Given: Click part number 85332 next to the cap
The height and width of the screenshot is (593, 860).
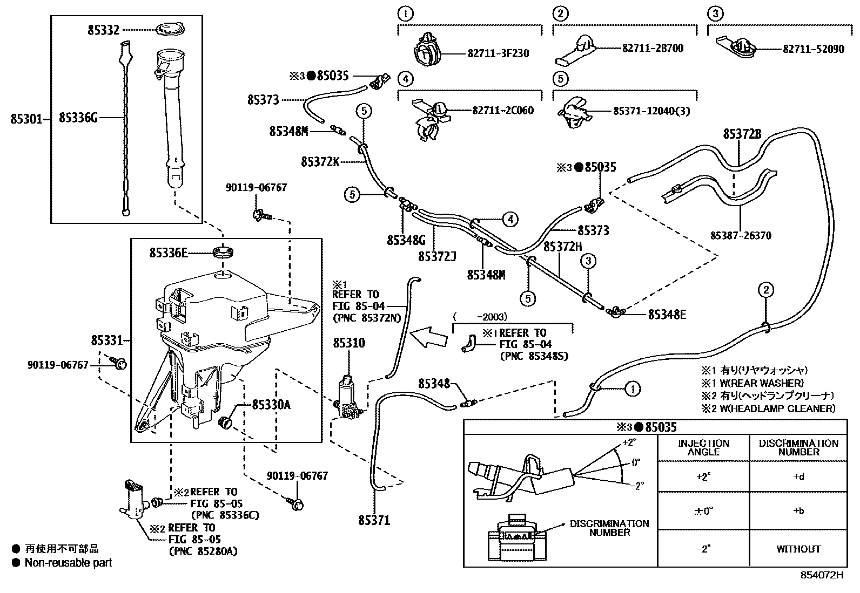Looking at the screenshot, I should click(x=103, y=30).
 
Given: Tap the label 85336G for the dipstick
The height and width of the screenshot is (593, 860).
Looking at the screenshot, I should click(x=78, y=117).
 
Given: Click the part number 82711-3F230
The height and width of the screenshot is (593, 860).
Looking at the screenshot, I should click(x=498, y=53).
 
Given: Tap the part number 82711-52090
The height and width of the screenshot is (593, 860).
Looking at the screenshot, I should click(x=813, y=49).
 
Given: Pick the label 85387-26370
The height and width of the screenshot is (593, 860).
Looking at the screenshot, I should click(x=741, y=235).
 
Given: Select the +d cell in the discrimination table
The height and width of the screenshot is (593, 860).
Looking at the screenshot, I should click(x=798, y=476).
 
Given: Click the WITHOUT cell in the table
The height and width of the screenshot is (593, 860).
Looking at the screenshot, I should click(x=798, y=549).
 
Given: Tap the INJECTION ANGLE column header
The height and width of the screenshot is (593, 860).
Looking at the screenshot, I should click(x=703, y=447).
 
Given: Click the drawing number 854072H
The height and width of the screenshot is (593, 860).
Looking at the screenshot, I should click(x=821, y=575).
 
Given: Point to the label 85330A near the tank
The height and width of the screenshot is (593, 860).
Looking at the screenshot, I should click(x=271, y=405).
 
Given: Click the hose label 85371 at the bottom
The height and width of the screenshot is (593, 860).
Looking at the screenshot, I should click(x=374, y=520).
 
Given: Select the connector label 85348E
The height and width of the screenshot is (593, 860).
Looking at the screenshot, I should click(x=667, y=314).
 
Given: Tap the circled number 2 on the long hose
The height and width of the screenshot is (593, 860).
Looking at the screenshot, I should click(x=765, y=290).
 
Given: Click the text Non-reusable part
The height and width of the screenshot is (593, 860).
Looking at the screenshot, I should click(x=68, y=563).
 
